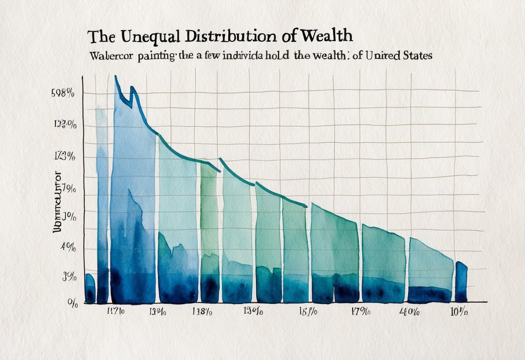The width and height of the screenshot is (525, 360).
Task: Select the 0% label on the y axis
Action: pos(72,304)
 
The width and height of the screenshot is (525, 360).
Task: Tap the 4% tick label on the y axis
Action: pos(68,247)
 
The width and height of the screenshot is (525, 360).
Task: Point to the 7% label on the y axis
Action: pos(69,189)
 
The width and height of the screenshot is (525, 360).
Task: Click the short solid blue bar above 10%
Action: pos(461,282)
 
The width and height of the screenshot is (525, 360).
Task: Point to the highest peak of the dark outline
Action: pos(116,77)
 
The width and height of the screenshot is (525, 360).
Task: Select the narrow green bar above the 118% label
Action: pos(209,234)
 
